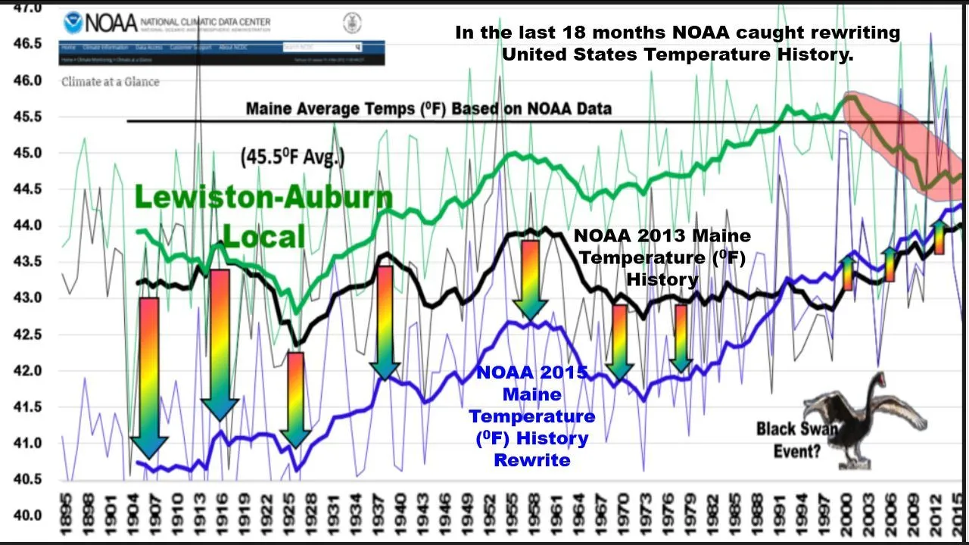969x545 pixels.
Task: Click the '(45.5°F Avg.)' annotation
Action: pos(293,157)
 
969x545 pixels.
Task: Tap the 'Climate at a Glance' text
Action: pos(111,82)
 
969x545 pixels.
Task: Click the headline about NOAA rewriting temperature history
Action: pos(678,43)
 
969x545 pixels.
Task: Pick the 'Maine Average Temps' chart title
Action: pos(428,108)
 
